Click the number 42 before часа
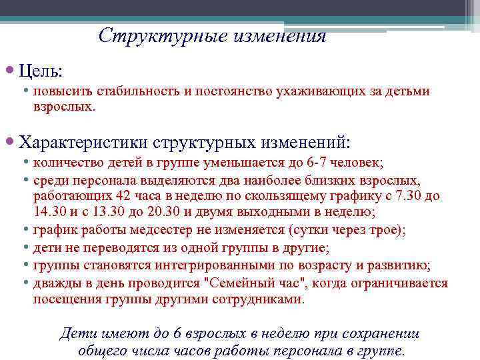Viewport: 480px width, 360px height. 123,196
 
